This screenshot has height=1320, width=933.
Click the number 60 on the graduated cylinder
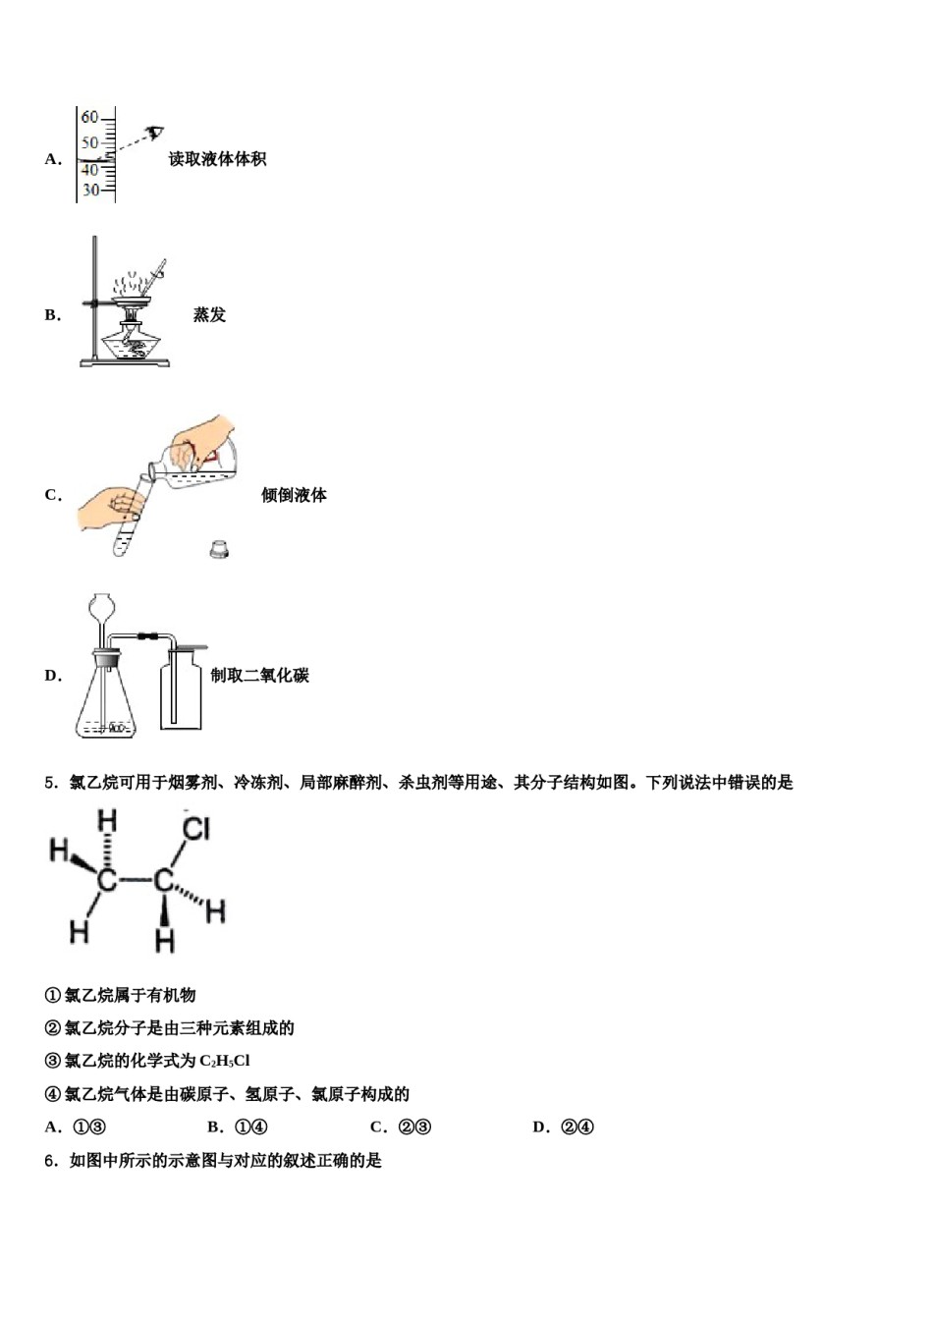point(89,117)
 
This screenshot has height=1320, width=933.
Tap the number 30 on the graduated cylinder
point(90,190)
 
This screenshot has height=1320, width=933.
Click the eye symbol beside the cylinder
point(154,133)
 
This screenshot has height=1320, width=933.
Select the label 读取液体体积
point(216,159)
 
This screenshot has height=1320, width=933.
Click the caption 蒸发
point(209,315)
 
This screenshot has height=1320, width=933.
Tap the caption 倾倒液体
point(294,495)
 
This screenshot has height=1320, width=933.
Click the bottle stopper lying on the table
point(219,550)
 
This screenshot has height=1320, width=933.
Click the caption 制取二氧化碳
point(259,676)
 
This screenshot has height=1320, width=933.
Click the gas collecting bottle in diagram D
point(181,692)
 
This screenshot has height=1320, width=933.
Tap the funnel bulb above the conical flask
point(100,606)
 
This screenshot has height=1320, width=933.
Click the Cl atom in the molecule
point(196,829)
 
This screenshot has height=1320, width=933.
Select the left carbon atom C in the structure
point(107,880)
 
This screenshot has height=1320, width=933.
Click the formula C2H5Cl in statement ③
point(224,1062)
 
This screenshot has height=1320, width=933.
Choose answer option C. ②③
point(401,1127)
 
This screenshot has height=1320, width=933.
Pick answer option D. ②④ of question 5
point(564,1127)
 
